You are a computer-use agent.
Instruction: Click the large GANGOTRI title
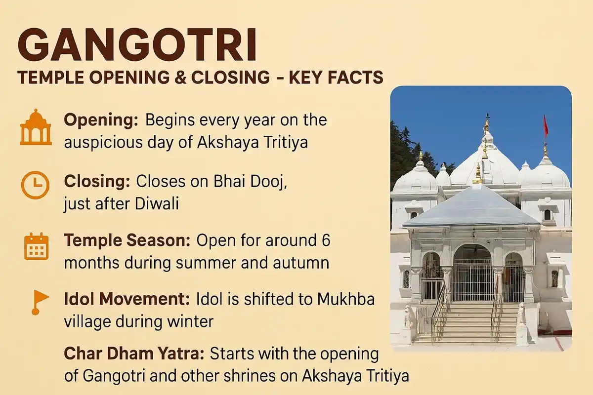tap(138, 46)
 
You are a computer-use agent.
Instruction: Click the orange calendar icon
tap(36, 247)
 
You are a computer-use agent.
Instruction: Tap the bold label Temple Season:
tap(128, 241)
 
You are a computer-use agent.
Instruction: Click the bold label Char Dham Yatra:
tap(134, 354)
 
